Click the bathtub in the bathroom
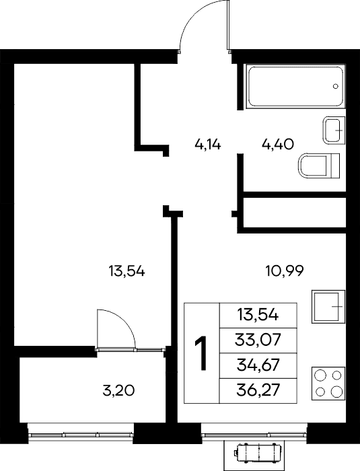(295, 86)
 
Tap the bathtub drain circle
(336, 86)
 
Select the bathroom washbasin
(334, 130)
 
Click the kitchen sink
(328, 306)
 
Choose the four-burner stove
(328, 384)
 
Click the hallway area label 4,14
(208, 145)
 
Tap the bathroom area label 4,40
(278, 145)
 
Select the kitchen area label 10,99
(285, 271)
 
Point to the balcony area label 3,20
(118, 391)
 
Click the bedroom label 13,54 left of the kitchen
(127, 272)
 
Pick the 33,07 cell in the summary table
(258, 340)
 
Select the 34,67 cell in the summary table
(258, 366)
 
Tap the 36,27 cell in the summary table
(258, 391)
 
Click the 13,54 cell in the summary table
(258, 315)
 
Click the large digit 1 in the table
(201, 353)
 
